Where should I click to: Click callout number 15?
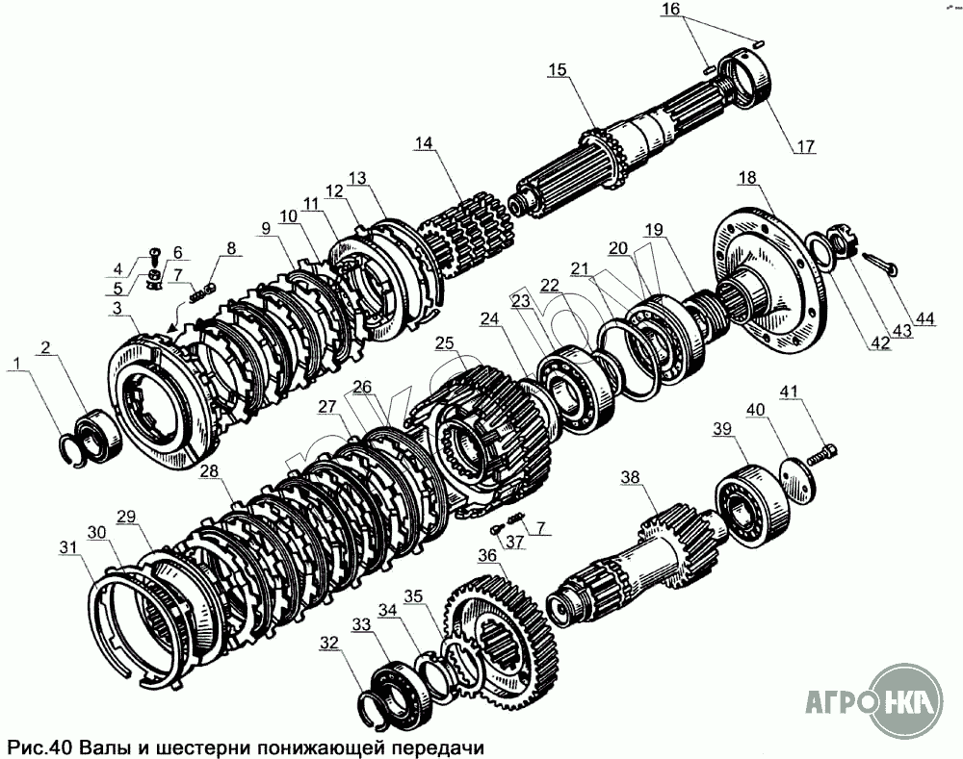point(558,69)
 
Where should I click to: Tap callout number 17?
point(805,146)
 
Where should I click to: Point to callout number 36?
point(487,556)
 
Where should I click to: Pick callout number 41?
point(790,392)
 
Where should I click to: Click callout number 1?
point(17,364)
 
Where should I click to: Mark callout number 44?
point(924,318)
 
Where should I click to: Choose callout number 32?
point(329,643)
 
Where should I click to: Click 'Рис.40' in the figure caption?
point(39,748)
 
